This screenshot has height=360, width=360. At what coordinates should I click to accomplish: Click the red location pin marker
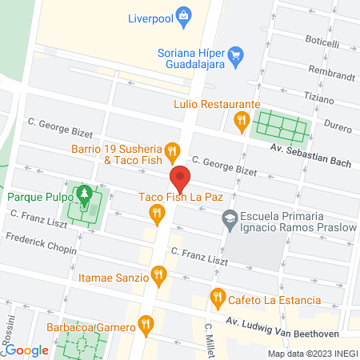(180, 178)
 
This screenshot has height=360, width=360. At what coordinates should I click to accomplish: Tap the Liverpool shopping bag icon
(185, 15)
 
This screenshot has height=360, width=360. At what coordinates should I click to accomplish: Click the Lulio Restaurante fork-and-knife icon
(240, 121)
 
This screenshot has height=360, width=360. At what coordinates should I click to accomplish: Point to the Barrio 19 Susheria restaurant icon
(171, 150)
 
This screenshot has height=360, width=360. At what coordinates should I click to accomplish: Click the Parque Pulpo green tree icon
(83, 195)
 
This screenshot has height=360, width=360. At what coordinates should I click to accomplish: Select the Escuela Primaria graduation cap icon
(230, 218)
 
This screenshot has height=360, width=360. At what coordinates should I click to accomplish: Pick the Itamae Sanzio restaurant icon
(159, 277)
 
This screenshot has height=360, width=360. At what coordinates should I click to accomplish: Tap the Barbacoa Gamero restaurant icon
(145, 323)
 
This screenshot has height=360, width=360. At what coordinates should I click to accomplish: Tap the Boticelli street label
(322, 43)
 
